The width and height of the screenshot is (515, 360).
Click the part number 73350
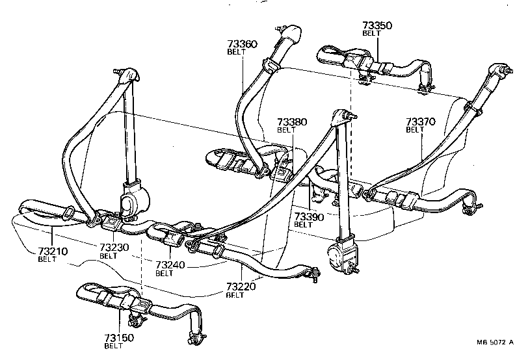pos(377,26)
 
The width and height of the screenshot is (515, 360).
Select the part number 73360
pos(242,44)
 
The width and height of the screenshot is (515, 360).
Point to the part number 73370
pos(421,122)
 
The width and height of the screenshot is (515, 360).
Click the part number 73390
pos(309,216)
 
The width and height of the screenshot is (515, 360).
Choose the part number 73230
pos(114,248)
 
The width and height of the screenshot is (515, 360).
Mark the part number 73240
pos(170,265)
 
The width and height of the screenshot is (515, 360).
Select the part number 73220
pos(241,286)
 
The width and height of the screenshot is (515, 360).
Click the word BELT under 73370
pos(415,130)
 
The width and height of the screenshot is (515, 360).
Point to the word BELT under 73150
pos(113,346)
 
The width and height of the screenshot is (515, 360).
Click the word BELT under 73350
pos(371,33)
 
